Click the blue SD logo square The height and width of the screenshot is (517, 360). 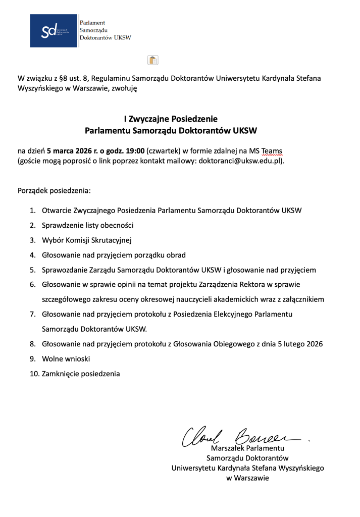pos(54,31)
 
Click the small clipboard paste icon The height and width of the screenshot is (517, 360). pos(153,60)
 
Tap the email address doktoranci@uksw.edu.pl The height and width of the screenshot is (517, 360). pos(240,161)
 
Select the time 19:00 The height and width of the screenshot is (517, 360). pos(134,150)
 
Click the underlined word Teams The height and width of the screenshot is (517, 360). pos(272,150)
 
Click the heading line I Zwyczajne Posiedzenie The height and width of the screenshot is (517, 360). pos(171,119)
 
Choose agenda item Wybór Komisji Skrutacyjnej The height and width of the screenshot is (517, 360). pos(87,240)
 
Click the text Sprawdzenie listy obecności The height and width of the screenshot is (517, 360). pos(87,225)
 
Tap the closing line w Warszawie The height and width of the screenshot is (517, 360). pos(247,478)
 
